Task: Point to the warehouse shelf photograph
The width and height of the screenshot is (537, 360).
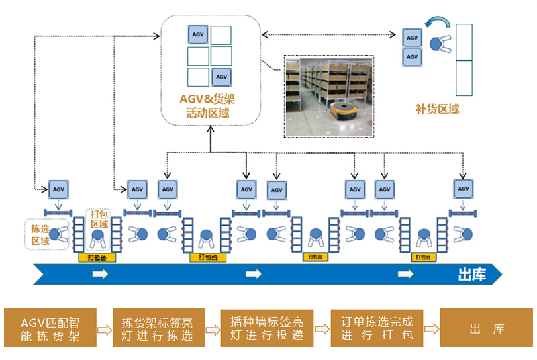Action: tap(329, 96)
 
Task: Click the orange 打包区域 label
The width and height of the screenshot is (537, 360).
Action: tap(99, 219)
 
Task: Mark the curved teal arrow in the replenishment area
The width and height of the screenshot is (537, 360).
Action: tap(437, 24)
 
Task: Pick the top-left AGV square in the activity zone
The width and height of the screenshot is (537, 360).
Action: tap(198, 35)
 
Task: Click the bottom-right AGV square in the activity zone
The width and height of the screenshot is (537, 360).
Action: tap(221, 77)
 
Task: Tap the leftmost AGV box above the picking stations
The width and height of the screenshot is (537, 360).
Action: tap(58, 189)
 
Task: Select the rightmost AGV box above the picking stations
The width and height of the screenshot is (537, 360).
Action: tap(463, 189)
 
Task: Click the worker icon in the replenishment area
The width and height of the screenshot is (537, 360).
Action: tap(438, 45)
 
